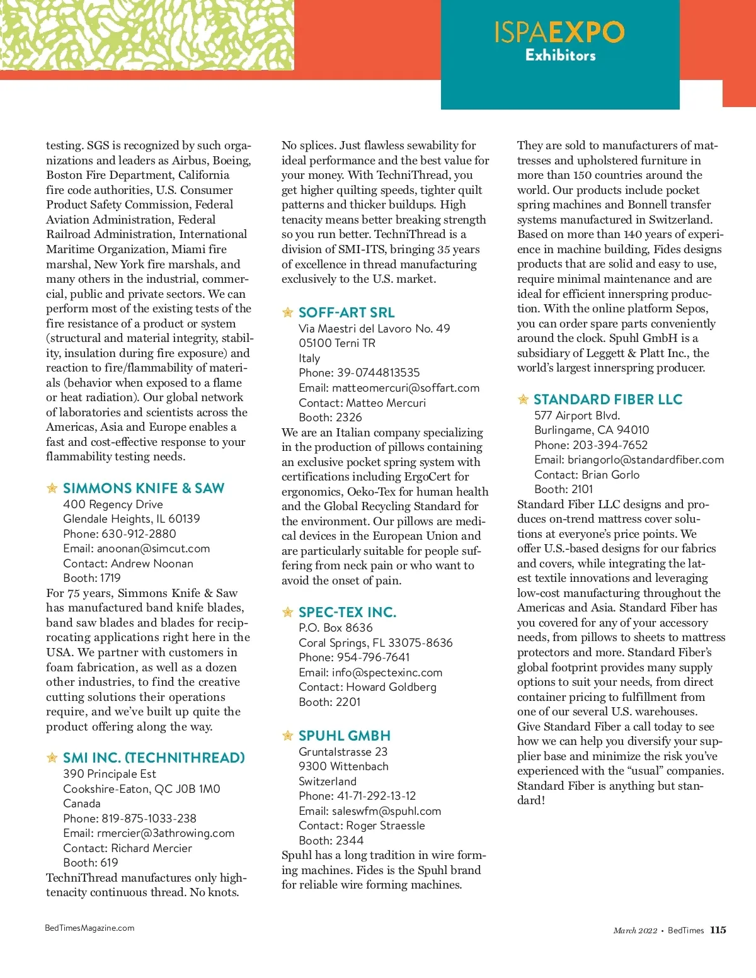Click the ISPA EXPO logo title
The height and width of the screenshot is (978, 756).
559,32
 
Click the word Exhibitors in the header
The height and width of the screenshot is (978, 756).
561,55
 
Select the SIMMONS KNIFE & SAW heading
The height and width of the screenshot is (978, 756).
144,488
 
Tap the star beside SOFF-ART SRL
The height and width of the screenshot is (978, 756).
288,312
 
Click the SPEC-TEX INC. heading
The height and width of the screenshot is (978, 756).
347,612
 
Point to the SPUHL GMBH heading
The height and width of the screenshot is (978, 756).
345,736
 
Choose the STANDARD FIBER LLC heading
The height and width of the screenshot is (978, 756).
608,399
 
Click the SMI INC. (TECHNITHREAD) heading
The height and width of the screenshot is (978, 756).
154,758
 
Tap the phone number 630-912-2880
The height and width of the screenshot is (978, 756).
139,533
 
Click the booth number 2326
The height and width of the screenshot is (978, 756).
349,418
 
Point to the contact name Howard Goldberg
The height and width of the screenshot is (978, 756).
391,687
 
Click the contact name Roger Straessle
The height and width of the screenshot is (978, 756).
386,826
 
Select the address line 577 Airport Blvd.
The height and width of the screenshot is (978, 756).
577,416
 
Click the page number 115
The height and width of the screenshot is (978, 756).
718,930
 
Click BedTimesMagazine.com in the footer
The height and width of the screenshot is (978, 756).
89,928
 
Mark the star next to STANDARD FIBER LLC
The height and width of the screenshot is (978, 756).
523,399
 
